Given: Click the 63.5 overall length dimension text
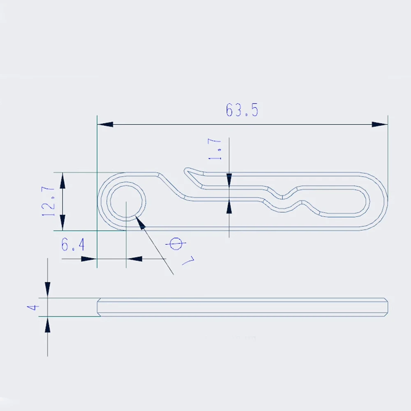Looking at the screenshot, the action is coord(242,110).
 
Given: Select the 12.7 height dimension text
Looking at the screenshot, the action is coord(48,201).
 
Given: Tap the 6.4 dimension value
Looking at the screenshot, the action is coord(73,245).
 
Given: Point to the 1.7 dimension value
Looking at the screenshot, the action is coord(215,149).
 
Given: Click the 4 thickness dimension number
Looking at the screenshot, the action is coord(33,307).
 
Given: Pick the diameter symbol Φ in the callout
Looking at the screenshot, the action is coord(175,244).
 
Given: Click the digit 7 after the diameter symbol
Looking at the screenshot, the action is coord(189,261).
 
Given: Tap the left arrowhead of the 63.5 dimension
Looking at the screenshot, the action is coord(105,124).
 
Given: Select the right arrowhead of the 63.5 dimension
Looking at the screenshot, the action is coord(380,124).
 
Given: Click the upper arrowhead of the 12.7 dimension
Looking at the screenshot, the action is coord(62,180).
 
